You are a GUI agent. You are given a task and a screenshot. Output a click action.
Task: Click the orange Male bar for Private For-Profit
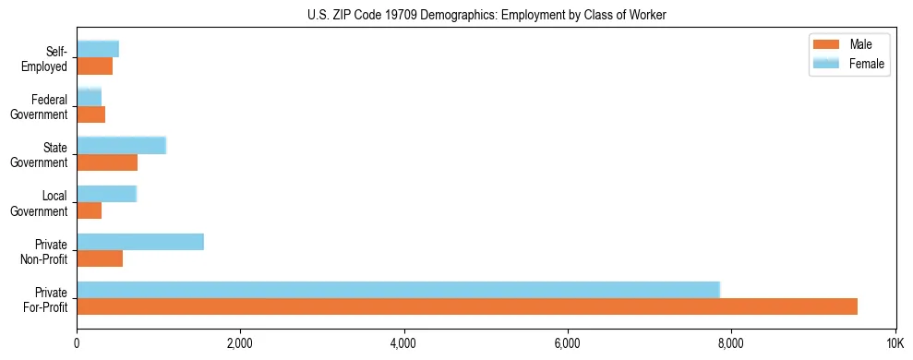(466, 306)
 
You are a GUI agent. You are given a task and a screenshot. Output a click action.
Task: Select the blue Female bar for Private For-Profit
(398, 290)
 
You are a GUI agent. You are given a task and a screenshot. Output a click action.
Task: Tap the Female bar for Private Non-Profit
(140, 242)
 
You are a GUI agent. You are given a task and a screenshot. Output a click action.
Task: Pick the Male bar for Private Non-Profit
(100, 258)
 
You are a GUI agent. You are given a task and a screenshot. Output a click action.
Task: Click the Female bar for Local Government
(106, 194)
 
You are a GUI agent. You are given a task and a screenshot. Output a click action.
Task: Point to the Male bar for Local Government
(90, 210)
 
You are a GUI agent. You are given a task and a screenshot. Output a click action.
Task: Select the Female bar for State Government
(121, 146)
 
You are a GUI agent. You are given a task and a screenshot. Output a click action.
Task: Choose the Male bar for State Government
(107, 162)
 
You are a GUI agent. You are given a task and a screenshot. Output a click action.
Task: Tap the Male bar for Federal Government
(91, 114)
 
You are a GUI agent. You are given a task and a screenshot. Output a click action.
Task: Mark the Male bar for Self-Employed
(95, 66)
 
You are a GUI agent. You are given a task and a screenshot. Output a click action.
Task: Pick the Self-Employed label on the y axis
(47, 58)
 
